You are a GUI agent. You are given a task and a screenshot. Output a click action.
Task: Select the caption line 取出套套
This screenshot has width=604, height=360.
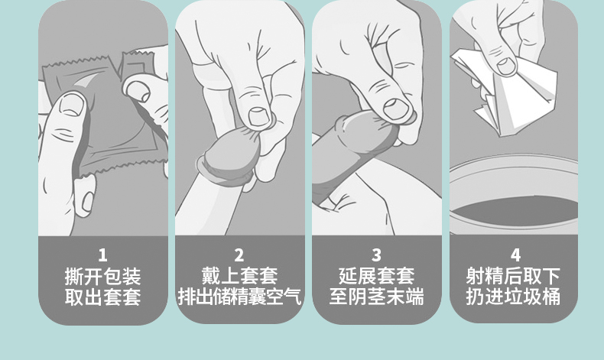click(x=102, y=297)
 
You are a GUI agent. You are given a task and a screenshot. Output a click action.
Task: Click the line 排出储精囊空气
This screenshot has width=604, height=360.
click(x=239, y=297)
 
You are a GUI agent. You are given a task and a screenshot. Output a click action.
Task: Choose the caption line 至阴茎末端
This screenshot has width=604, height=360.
click(x=376, y=297)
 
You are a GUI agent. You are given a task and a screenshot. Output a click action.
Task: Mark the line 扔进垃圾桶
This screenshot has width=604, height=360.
click(x=514, y=297)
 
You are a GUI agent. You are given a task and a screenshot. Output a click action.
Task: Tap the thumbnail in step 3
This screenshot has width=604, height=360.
click(x=397, y=108)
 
